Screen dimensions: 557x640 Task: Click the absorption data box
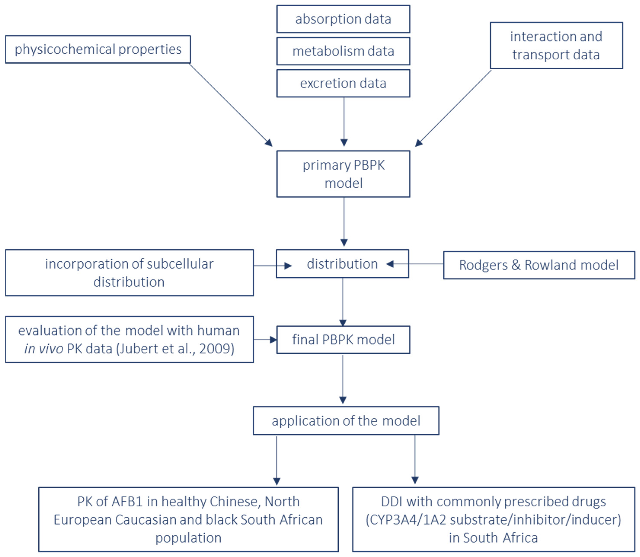click(343, 19)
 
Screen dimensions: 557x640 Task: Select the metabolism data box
click(343, 51)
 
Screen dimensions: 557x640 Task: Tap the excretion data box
click(343, 83)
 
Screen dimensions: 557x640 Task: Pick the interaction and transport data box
click(556, 45)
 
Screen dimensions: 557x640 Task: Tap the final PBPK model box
click(343, 340)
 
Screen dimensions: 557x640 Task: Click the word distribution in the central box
click(342, 264)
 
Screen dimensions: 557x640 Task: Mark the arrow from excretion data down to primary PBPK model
click(344, 121)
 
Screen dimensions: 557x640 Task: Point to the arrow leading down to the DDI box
click(415, 460)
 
